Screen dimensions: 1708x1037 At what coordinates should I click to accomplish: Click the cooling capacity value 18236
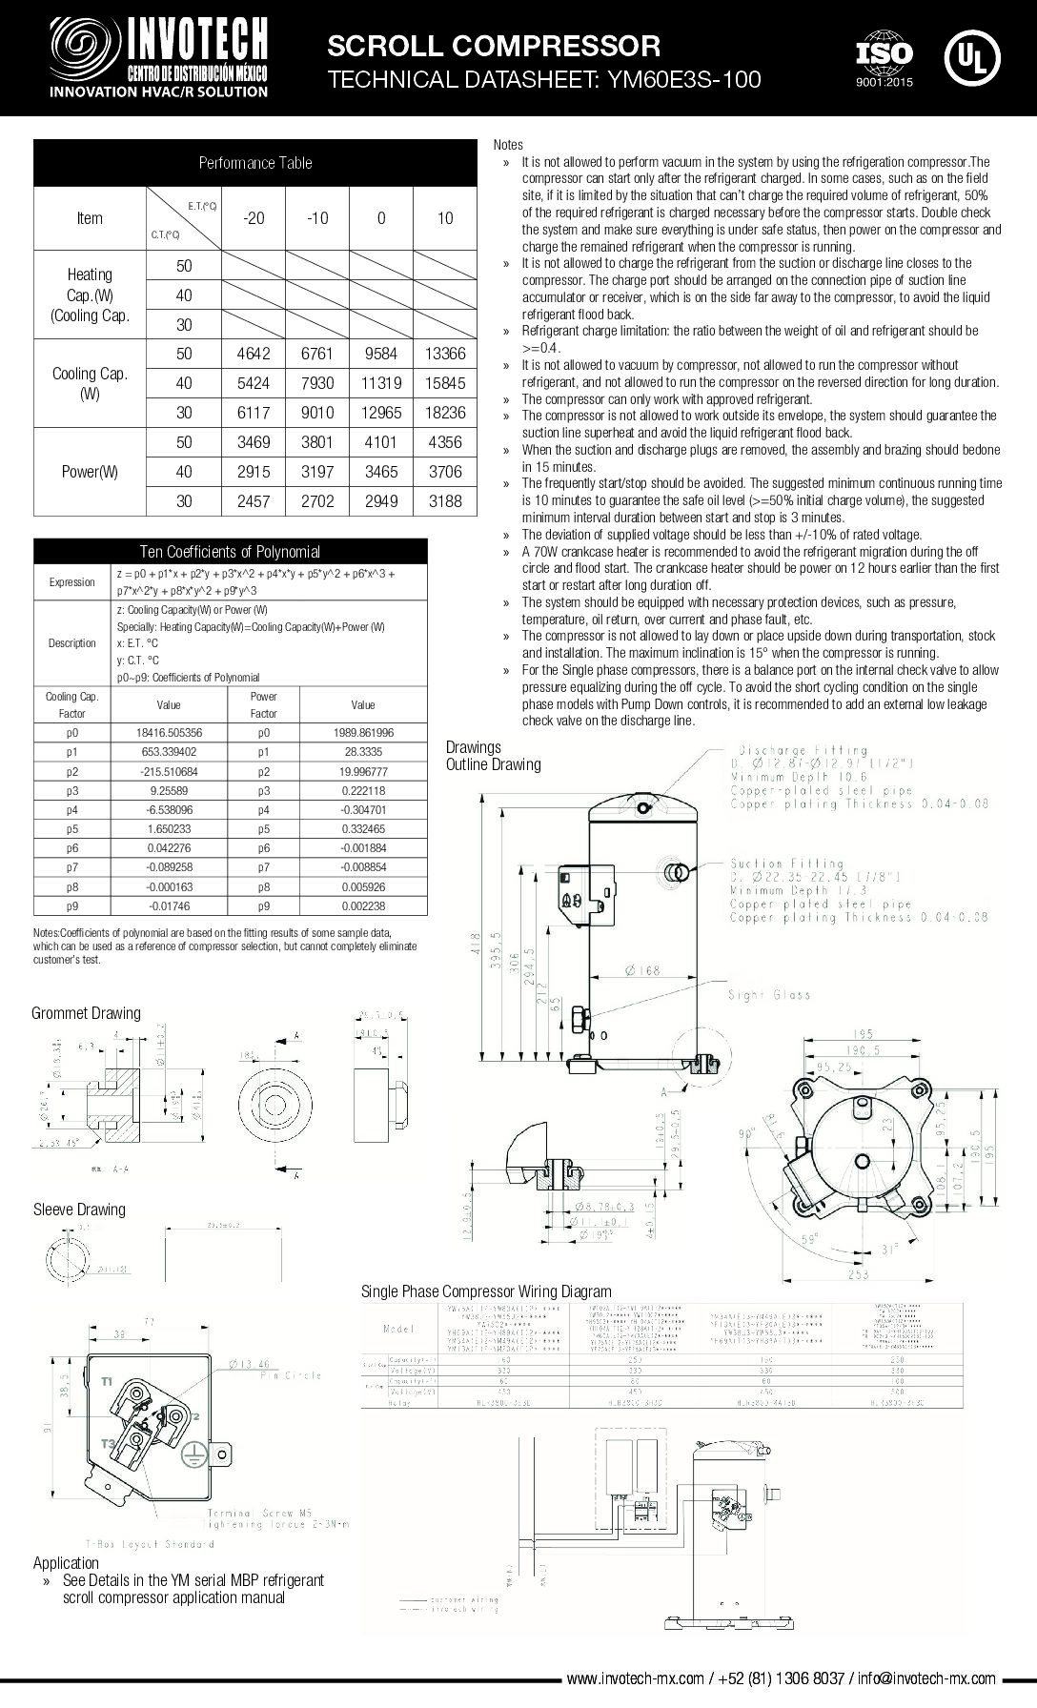pos(444,413)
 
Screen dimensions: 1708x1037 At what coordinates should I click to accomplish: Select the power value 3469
pos(254,442)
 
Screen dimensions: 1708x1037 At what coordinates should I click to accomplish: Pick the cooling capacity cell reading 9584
pos(381,354)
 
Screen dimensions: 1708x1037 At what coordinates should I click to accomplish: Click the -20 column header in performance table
pos(254,218)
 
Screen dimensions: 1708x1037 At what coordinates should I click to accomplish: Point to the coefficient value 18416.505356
pos(169,733)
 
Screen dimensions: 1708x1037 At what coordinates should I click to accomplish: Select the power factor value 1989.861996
pos(363,733)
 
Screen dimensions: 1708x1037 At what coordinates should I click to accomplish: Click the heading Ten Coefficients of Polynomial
pos(230,551)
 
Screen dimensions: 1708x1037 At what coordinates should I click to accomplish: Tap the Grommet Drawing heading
pos(86,1013)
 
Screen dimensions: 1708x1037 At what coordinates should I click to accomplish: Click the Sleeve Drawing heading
pos(79,1210)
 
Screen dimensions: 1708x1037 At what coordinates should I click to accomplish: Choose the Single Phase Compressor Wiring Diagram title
pos(486,1291)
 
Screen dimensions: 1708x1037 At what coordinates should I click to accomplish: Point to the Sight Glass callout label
pos(768,995)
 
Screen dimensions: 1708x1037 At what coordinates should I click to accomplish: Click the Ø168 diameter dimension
pos(643,970)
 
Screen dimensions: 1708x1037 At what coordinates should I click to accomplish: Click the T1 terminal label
pos(107,1381)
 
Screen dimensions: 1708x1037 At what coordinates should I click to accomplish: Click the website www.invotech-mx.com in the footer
pos(635,1678)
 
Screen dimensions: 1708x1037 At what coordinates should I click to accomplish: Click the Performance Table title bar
pos(254,163)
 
